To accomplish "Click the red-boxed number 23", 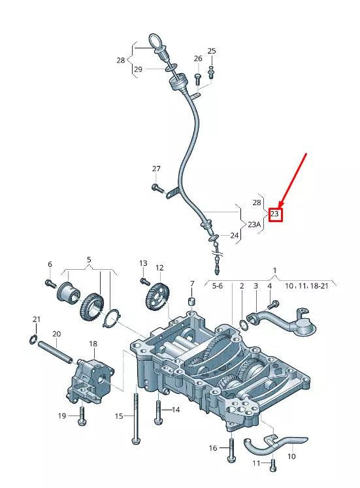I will coord(275,214).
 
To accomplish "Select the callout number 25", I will coord(211,51).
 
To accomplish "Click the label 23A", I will coord(254,224).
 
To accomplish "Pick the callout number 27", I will coord(156,169).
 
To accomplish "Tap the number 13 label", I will coord(143,263).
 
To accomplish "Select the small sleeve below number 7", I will coord(192,301).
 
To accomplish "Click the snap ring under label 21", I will coord(33,338).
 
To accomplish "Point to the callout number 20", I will coord(56,334).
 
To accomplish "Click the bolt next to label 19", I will coord(82,415).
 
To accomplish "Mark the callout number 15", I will coord(119,416).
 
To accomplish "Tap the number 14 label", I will coord(175,410).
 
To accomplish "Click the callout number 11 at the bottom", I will coord(257,463).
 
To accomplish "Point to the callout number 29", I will coord(138,69).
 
